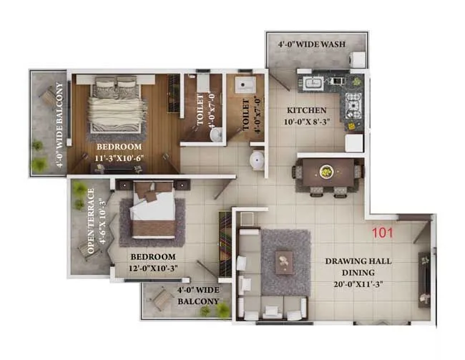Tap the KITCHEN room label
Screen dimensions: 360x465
(x=307, y=111)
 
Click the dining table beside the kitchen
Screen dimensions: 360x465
(x=325, y=172)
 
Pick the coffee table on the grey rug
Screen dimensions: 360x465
(x=285, y=261)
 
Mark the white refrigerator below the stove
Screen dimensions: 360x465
(x=354, y=142)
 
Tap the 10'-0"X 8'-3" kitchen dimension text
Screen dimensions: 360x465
(x=307, y=123)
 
